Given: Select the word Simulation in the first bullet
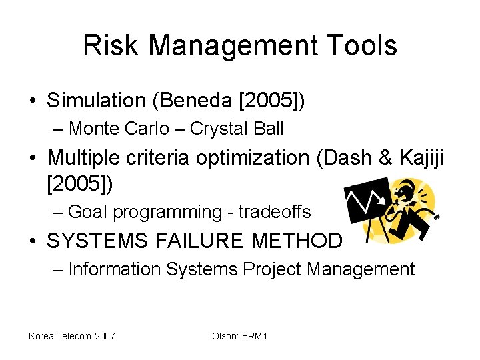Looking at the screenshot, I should pos(96,101).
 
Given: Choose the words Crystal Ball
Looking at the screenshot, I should pos(237,128).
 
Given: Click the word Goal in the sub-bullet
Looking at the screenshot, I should pos(88,212).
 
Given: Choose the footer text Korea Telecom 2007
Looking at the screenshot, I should pos(71,336).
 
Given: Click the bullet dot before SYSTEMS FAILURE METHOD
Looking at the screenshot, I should pos(33,241).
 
